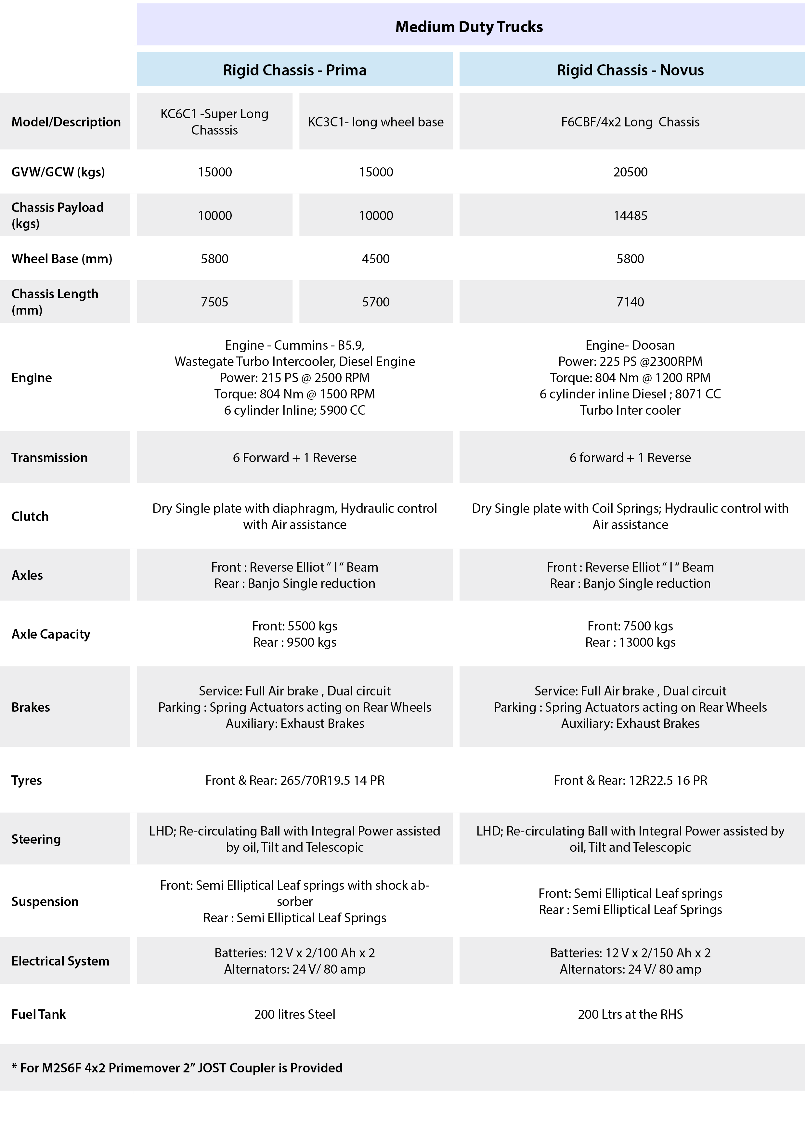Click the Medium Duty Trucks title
(469, 27)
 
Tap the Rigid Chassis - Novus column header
(630, 70)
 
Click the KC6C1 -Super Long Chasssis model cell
(214, 122)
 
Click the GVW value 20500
(630, 172)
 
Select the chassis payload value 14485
(630, 215)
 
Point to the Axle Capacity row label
(51, 634)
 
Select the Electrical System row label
(60, 961)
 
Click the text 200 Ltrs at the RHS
(630, 1014)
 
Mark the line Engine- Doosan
(630, 345)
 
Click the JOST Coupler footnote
(177, 1068)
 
